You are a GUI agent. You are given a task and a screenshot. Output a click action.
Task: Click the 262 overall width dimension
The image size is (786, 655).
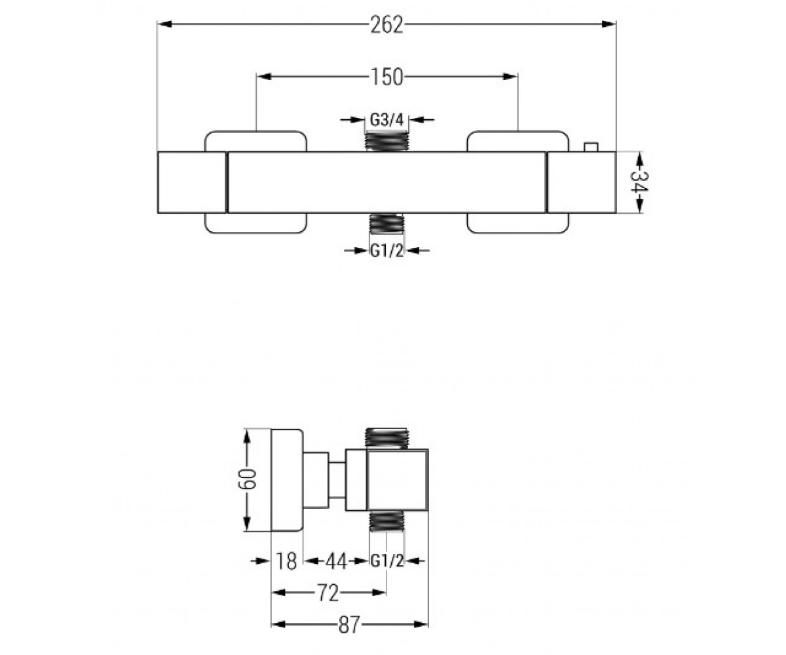[x=386, y=26]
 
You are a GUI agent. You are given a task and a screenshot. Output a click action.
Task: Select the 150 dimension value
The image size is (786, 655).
[x=386, y=77]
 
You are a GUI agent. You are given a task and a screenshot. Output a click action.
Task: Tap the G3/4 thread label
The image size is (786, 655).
[x=386, y=120]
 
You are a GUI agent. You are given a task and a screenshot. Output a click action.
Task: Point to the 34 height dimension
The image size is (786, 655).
[x=639, y=181]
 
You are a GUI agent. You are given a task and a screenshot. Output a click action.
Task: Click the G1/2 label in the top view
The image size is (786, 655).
[x=387, y=251]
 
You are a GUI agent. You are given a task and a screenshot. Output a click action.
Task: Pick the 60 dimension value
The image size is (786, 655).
[x=246, y=479]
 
